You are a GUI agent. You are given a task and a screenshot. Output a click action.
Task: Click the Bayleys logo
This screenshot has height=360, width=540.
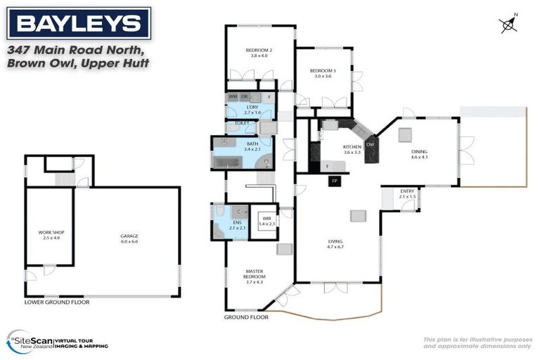(x=79, y=24)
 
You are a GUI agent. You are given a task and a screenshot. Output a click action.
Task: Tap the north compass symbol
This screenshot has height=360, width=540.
(x=508, y=25)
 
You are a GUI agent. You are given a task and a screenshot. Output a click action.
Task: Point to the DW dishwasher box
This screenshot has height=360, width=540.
(x=370, y=145)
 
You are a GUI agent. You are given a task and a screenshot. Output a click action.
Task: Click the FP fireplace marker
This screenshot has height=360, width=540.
(x=335, y=181)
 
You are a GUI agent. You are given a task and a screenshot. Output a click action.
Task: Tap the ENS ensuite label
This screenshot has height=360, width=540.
(x=237, y=225)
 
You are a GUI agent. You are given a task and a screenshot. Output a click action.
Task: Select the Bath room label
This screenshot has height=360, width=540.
(x=252, y=145)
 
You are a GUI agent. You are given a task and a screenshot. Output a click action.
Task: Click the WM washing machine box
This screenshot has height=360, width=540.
(x=233, y=96)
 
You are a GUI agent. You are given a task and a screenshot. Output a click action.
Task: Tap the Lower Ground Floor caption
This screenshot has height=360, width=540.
(x=57, y=302)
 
